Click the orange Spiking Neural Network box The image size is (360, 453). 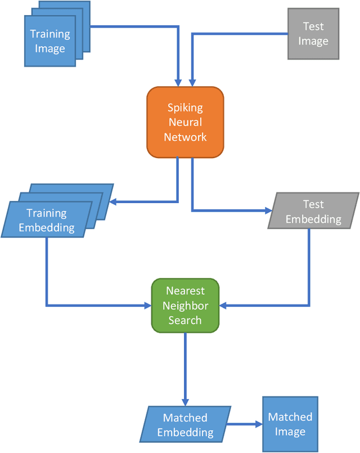tap(185, 122)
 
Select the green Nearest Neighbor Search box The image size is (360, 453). tap(184, 306)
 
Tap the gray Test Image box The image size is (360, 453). tap(313, 34)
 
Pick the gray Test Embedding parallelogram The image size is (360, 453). tap(313, 211)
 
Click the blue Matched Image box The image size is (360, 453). tap(290, 424)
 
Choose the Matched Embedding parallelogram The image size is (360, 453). tap(186, 425)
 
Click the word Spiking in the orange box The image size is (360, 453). tap(185, 107)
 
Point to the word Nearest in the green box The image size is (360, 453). tap(184, 291)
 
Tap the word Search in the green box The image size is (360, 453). tap(184, 320)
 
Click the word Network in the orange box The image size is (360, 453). tap(185, 137)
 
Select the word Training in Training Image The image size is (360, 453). tap(50, 34)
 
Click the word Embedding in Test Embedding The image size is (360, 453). tap(313, 218)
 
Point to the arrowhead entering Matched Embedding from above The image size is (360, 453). tap(185, 401)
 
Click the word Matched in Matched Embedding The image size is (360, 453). tap(185, 418)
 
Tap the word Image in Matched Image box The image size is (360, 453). tap(290, 432)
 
